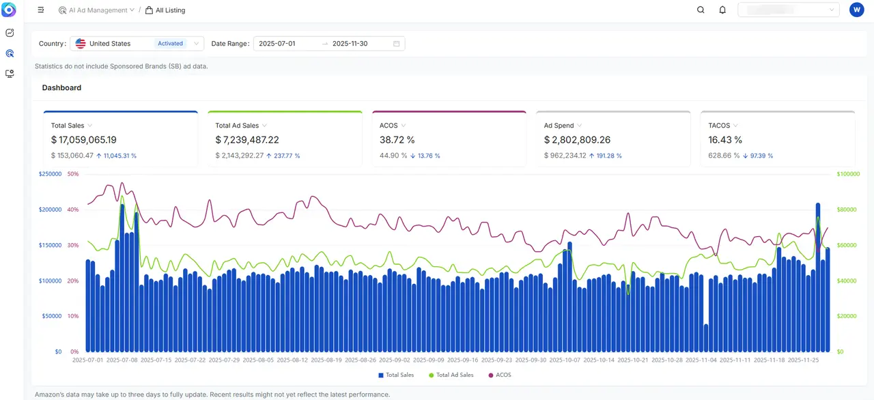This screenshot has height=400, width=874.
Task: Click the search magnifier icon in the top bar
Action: (x=701, y=10)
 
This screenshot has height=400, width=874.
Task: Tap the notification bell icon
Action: (x=722, y=10)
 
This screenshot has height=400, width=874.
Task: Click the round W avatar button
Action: (x=856, y=10)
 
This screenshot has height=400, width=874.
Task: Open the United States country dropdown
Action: (x=137, y=44)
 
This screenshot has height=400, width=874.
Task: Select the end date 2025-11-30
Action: (x=350, y=44)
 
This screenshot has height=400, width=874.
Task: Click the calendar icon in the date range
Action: (x=397, y=44)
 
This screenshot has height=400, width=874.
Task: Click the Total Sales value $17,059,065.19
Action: (x=84, y=140)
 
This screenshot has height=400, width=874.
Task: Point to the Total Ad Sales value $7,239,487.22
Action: (x=247, y=140)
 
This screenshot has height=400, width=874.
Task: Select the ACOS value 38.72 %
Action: (x=397, y=140)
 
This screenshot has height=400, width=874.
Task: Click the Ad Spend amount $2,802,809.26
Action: (x=578, y=140)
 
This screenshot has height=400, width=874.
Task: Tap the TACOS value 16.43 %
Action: (x=725, y=140)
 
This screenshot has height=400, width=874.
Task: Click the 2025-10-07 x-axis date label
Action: (x=565, y=360)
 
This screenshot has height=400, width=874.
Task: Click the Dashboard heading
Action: (x=61, y=88)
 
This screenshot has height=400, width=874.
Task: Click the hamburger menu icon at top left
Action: (x=41, y=10)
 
